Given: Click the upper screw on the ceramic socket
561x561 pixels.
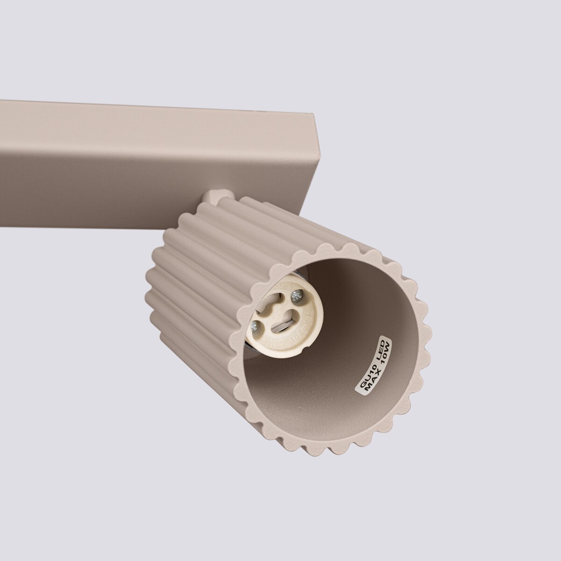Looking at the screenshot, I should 296,294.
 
